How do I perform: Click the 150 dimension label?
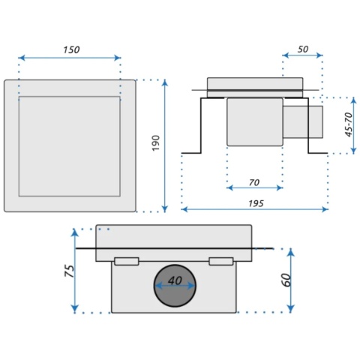71,49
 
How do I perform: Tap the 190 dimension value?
156,143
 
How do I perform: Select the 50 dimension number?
303,49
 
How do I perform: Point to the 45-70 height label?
349,124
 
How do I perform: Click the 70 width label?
254,182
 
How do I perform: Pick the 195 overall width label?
256,203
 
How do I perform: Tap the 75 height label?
70,271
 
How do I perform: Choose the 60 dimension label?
286,280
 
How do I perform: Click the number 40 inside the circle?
175,280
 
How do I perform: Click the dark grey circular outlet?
175,286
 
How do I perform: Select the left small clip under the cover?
127,261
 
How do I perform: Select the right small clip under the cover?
221,261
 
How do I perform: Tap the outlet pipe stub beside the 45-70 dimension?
303,121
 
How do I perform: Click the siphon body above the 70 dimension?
255,121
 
